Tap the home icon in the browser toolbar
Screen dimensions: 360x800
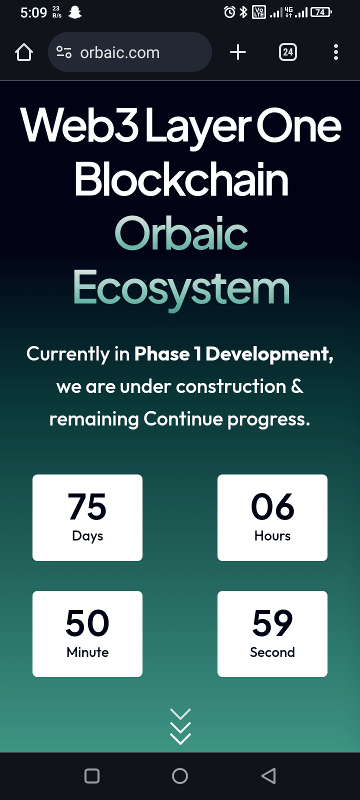[24, 52]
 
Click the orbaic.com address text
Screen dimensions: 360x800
[119, 53]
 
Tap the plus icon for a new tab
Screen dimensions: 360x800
[238, 52]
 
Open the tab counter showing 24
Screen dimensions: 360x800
[288, 52]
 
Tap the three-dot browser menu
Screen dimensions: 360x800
[335, 52]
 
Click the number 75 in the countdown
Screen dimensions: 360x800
[87, 506]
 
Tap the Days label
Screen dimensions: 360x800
[87, 536]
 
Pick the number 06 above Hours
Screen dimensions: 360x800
[272, 506]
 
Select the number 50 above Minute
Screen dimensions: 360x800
[87, 623]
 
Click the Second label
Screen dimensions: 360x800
[272, 652]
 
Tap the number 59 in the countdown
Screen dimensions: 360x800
[272, 623]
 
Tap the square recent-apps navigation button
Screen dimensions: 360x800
[92, 776]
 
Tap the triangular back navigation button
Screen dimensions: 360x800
[268, 776]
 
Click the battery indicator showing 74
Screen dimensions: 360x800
[321, 12]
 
